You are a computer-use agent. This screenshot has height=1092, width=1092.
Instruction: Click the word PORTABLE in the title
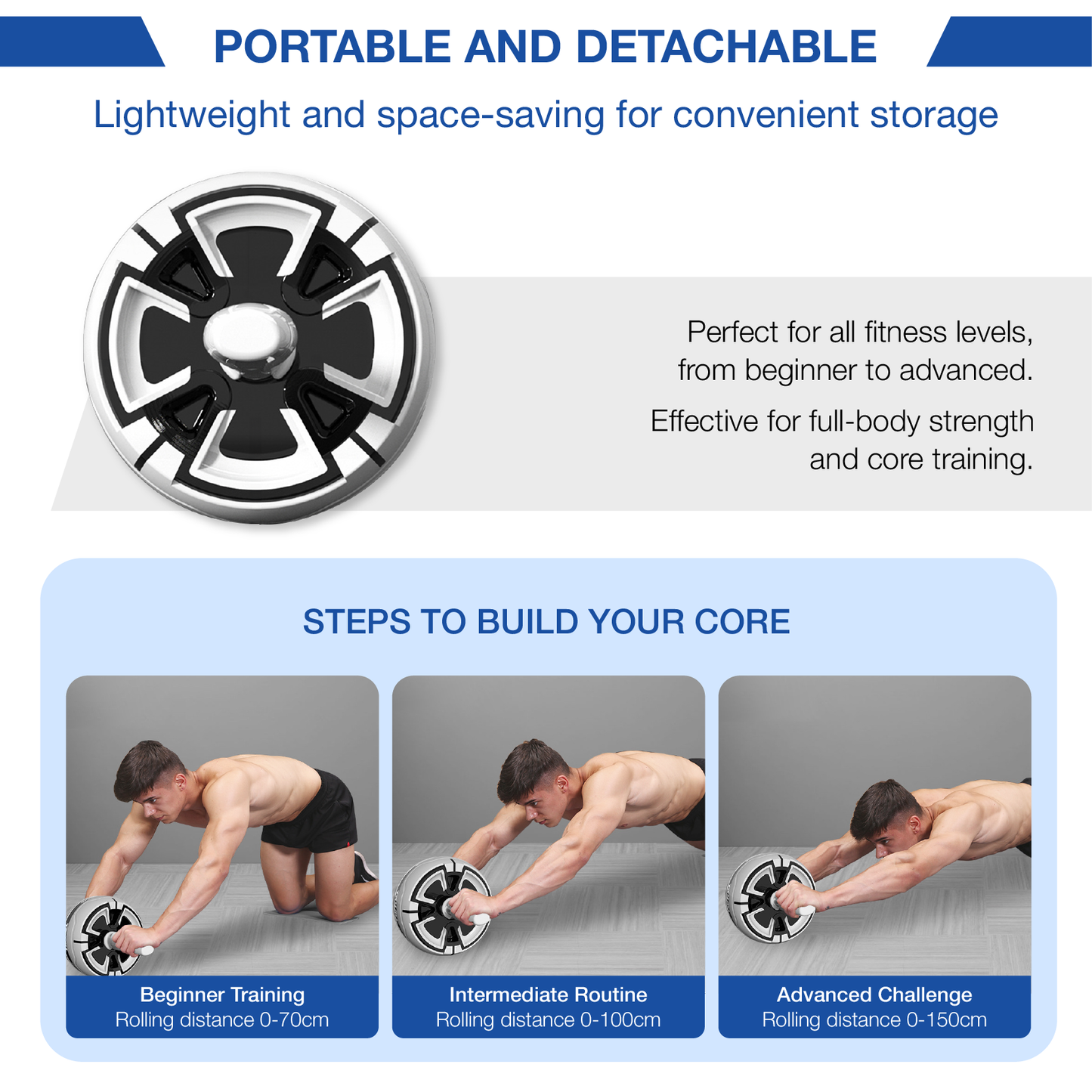tap(332, 46)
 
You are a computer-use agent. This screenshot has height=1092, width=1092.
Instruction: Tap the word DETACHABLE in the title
tap(726, 46)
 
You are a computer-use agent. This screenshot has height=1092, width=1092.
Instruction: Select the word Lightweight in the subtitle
tap(191, 116)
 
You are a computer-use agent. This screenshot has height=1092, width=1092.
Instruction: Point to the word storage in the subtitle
tap(934, 116)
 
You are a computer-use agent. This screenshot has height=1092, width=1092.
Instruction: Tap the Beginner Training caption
tap(222, 995)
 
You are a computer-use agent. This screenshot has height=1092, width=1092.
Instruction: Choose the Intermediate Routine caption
tap(548, 995)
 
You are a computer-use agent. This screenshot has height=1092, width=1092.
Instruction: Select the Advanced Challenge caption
tap(874, 995)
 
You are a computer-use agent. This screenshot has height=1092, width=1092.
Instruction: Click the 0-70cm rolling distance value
tap(294, 1019)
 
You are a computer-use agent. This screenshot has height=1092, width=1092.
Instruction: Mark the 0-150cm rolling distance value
tap(947, 1019)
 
